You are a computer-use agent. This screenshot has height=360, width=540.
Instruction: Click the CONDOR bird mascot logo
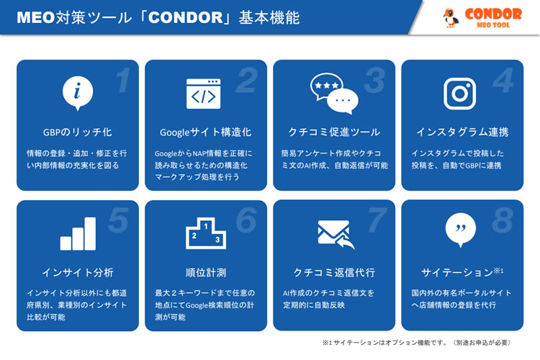(x=451, y=17)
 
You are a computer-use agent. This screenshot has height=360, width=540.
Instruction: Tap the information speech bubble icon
(x=78, y=93)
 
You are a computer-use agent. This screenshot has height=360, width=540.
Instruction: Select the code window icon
(x=204, y=94)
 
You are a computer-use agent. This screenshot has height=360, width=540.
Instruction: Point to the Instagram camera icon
(x=460, y=94)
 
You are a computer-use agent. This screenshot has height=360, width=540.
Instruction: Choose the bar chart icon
(x=78, y=233)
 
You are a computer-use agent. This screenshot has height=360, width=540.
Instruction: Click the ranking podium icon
(x=206, y=233)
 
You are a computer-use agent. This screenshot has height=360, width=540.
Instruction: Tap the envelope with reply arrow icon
(x=336, y=234)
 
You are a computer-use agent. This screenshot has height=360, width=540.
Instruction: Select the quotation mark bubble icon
(x=461, y=230)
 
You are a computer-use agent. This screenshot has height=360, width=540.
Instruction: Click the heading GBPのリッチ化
(x=78, y=132)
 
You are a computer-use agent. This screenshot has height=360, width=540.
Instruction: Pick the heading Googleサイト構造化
(x=206, y=132)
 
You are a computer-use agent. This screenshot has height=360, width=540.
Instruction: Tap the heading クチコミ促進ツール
(x=334, y=132)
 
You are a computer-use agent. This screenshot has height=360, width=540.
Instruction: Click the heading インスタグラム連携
(x=462, y=132)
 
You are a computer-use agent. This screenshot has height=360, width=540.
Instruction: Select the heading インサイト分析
(x=78, y=273)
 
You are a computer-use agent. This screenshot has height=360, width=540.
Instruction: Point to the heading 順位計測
(x=206, y=273)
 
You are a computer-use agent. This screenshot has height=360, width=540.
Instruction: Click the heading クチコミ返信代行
(x=334, y=273)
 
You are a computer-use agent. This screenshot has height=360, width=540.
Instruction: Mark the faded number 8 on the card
(x=503, y=220)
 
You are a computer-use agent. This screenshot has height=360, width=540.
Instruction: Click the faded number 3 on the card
(x=374, y=80)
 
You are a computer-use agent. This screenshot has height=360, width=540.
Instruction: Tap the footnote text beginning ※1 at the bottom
(x=416, y=343)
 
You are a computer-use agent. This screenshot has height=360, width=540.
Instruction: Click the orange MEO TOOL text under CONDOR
(x=493, y=24)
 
